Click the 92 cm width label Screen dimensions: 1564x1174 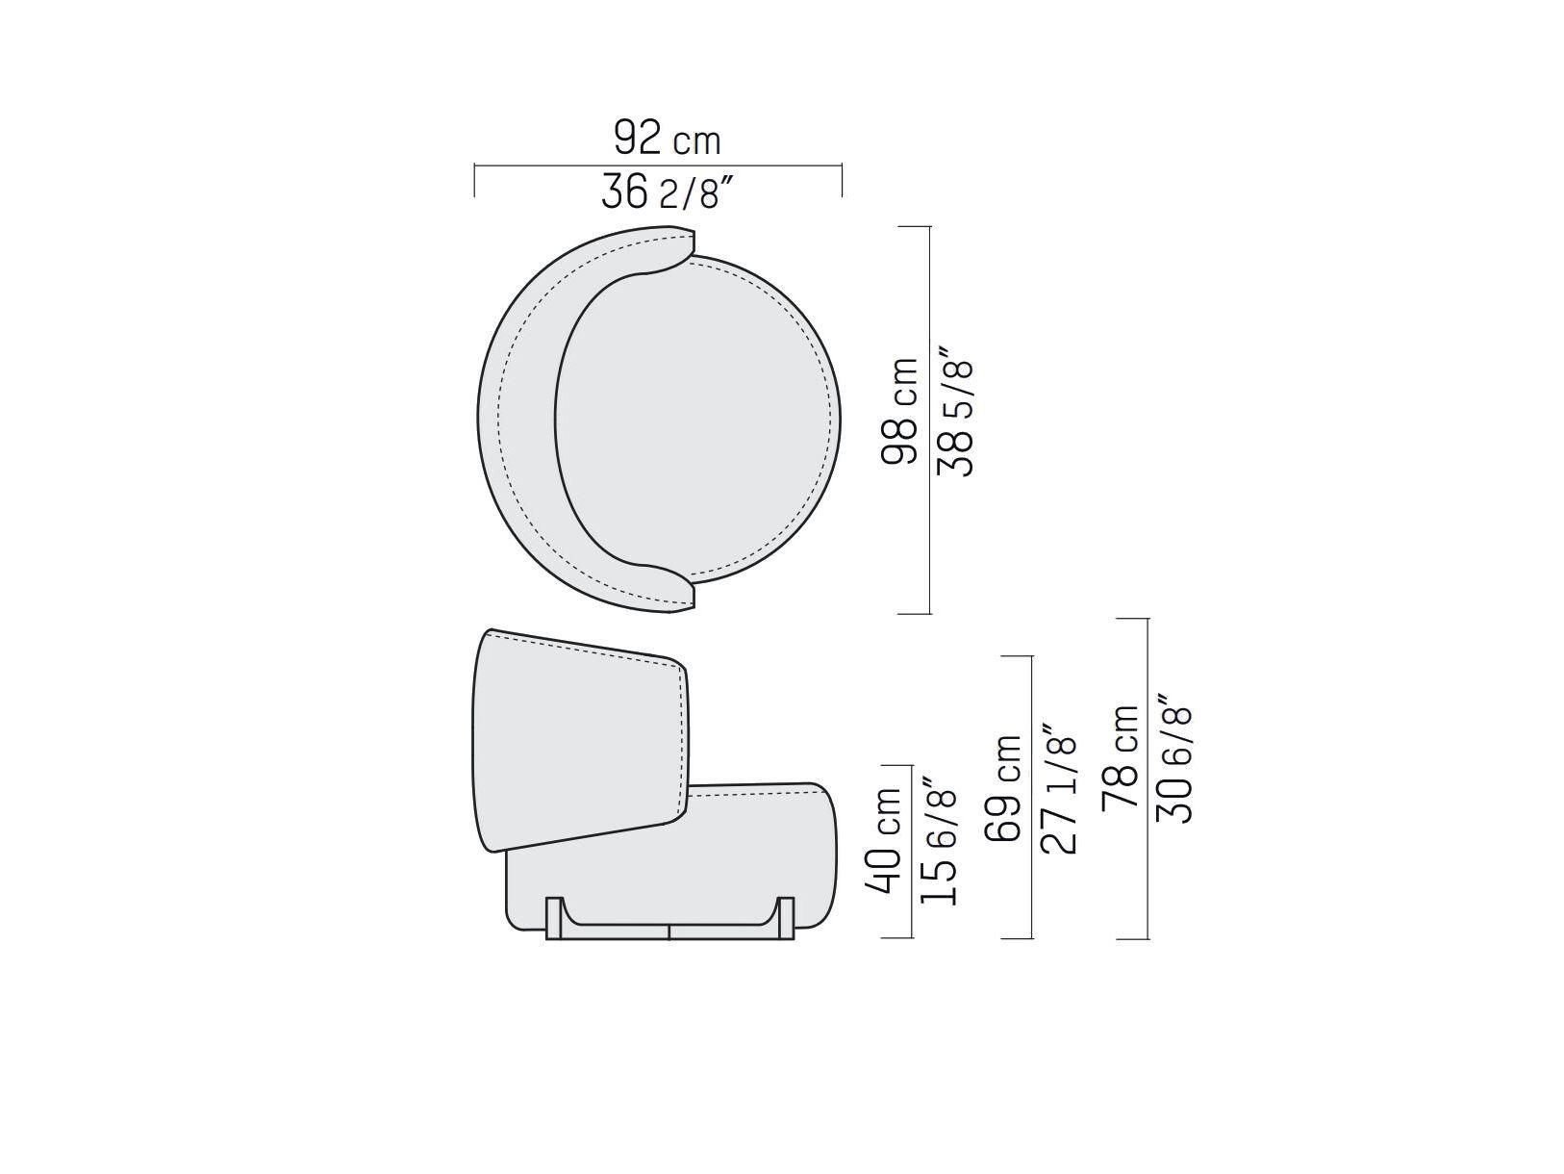667,138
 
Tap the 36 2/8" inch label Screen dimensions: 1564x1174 667,191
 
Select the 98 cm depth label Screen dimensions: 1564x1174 900,411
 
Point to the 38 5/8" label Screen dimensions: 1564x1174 955,411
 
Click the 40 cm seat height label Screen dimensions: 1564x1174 884,840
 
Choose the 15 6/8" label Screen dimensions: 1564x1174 939,840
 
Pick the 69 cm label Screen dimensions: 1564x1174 1003,788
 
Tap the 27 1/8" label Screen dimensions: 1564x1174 1058,788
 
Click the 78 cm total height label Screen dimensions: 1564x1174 1120,758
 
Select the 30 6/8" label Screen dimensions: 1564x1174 1174,758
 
